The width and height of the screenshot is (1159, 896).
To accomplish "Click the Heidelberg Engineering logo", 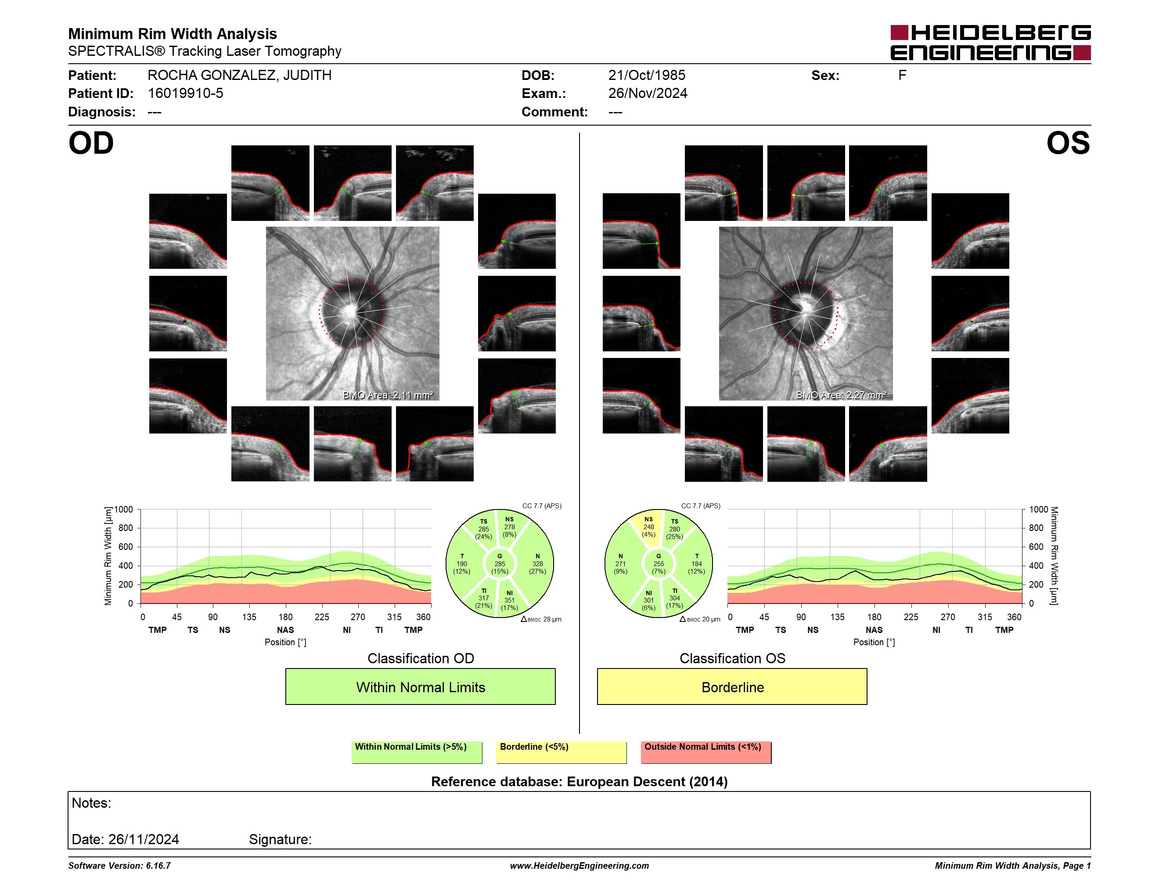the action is pyautogui.click(x=990, y=43).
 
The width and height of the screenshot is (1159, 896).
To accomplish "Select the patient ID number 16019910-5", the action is pyautogui.click(x=185, y=94).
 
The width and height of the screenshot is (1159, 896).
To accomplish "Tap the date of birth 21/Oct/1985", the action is pyautogui.click(x=646, y=76).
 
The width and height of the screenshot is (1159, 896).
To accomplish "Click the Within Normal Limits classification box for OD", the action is pyautogui.click(x=420, y=686).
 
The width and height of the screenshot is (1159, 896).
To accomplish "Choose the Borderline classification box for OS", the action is pyautogui.click(x=732, y=686).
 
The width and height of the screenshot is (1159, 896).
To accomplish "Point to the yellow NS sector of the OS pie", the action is pyautogui.click(x=647, y=527).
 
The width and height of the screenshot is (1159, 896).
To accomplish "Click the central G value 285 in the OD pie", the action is pyautogui.click(x=499, y=564).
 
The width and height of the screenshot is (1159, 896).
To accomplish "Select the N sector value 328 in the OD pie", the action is pyautogui.click(x=538, y=564).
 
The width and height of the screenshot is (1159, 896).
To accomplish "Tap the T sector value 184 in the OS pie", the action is pyautogui.click(x=696, y=564).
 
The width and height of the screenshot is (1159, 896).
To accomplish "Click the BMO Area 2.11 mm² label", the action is pyautogui.click(x=388, y=395).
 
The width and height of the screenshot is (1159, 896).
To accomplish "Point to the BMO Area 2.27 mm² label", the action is pyautogui.click(x=841, y=395).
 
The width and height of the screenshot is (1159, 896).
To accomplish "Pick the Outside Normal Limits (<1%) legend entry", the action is pyautogui.click(x=706, y=752).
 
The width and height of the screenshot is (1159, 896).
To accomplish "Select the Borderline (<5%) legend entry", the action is pyautogui.click(x=562, y=752).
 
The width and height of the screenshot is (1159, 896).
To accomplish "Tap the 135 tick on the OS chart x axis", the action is pyautogui.click(x=837, y=617).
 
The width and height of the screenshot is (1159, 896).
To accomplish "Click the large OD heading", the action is pyautogui.click(x=91, y=143).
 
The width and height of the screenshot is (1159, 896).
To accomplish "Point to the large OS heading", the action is pyautogui.click(x=1068, y=143).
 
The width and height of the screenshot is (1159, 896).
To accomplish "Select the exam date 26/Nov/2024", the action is pyautogui.click(x=648, y=94).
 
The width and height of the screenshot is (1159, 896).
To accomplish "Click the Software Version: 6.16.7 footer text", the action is pyautogui.click(x=119, y=866).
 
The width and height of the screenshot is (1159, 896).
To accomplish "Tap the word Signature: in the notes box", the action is pyautogui.click(x=280, y=839).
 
